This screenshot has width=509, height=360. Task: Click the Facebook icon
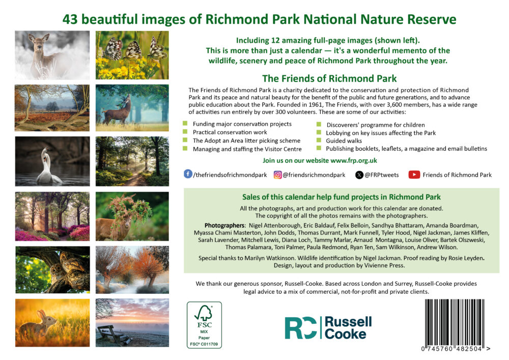[188, 174]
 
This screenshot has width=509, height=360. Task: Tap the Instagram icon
[277, 175]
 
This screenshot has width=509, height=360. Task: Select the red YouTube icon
[414, 175]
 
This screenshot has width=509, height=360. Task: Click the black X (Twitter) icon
[359, 175]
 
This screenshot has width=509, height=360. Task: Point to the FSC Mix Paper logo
[204, 325]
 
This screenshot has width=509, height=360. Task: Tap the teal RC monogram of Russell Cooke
[301, 328]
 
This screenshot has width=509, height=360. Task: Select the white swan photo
[52, 161]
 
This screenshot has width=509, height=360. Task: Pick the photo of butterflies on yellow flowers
[132, 55]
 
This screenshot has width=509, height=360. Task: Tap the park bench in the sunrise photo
[114, 335]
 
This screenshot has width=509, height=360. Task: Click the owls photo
[52, 270]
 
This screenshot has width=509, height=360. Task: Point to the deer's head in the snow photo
[37, 42]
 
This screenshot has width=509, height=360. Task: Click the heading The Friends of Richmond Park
[329, 78]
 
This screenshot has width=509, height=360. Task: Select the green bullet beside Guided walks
[319, 140]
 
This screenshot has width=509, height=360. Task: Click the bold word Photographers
[224, 225]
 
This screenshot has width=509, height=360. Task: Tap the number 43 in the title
[70, 19]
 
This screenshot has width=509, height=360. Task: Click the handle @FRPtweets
[381, 175]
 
